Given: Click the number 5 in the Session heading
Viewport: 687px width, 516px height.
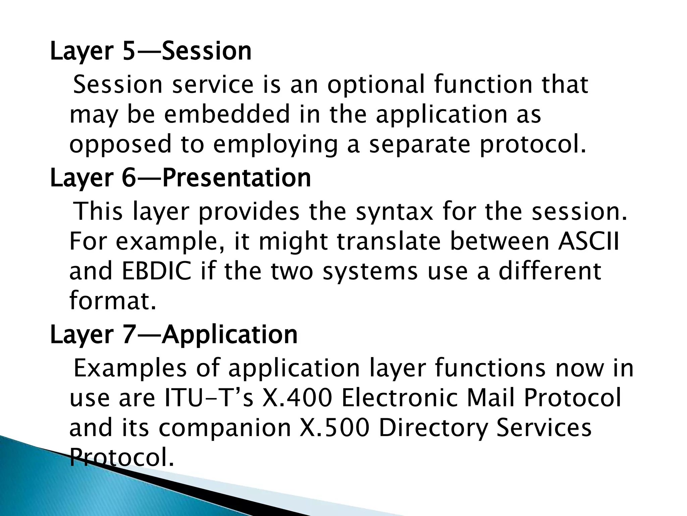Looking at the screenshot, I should click(x=129, y=52).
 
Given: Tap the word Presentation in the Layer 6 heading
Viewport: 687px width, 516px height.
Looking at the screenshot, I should click(x=236, y=178).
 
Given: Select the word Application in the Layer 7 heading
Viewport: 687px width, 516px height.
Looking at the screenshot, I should click(x=230, y=335).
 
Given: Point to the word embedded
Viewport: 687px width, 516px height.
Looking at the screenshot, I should click(x=227, y=114).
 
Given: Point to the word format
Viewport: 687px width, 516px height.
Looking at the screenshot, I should click(x=112, y=301).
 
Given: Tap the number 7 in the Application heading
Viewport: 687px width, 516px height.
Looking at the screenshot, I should click(x=129, y=335).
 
